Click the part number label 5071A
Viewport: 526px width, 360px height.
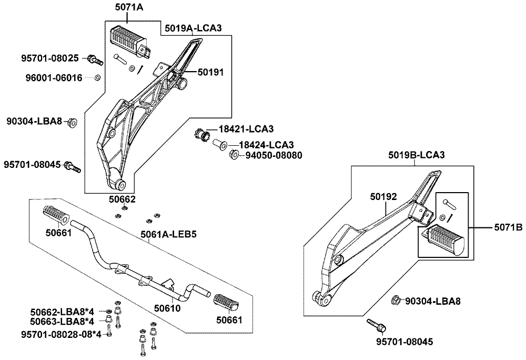128,7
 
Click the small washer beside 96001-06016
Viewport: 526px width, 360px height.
97,78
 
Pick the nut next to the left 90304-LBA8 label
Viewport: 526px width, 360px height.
72,123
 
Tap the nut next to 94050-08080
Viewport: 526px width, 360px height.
235,154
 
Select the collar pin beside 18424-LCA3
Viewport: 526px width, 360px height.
219,144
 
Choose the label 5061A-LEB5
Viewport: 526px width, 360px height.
168,234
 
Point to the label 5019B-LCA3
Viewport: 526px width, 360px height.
417,155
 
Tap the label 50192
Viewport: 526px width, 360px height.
382,197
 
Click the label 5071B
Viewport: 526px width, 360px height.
508,227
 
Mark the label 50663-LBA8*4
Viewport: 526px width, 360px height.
62,321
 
